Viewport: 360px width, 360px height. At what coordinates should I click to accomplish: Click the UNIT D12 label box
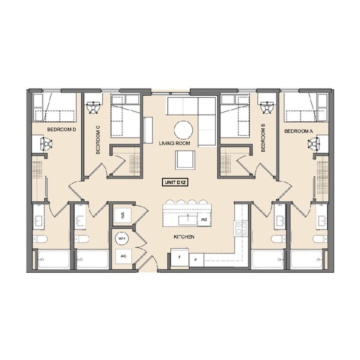pyautogui.click(x=175, y=182)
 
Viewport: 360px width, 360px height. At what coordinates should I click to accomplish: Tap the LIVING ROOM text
pyautogui.click(x=175, y=143)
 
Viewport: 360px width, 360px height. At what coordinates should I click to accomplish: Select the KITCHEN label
pyautogui.click(x=184, y=237)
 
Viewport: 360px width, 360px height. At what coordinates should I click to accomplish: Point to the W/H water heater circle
pyautogui.click(x=122, y=239)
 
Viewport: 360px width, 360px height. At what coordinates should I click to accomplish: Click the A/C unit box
pyautogui.click(x=123, y=256)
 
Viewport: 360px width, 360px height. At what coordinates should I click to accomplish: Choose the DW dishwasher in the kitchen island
pyautogui.click(x=204, y=220)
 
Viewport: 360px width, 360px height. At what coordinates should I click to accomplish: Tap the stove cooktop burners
pyautogui.click(x=241, y=229)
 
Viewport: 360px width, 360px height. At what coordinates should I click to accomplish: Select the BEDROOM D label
pyautogui.click(x=61, y=130)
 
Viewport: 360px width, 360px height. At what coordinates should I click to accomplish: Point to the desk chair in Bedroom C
pyautogui.click(x=94, y=107)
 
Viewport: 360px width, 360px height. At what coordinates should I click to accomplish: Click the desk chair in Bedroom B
pyautogui.click(x=266, y=107)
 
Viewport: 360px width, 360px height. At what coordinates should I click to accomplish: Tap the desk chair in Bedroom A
pyautogui.click(x=313, y=144)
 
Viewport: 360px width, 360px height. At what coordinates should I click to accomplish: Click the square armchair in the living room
pyautogui.click(x=185, y=160)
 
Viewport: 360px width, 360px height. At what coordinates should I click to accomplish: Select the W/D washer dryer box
pyautogui.click(x=123, y=216)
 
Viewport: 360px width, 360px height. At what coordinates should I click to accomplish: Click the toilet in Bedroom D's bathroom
pyautogui.click(x=40, y=239)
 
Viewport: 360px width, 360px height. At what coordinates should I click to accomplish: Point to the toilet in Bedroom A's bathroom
pyautogui.click(x=320, y=239)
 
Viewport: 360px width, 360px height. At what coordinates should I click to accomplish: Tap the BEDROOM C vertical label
pyautogui.click(x=98, y=140)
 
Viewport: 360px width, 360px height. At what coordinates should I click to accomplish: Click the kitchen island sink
pyautogui.click(x=188, y=220)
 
